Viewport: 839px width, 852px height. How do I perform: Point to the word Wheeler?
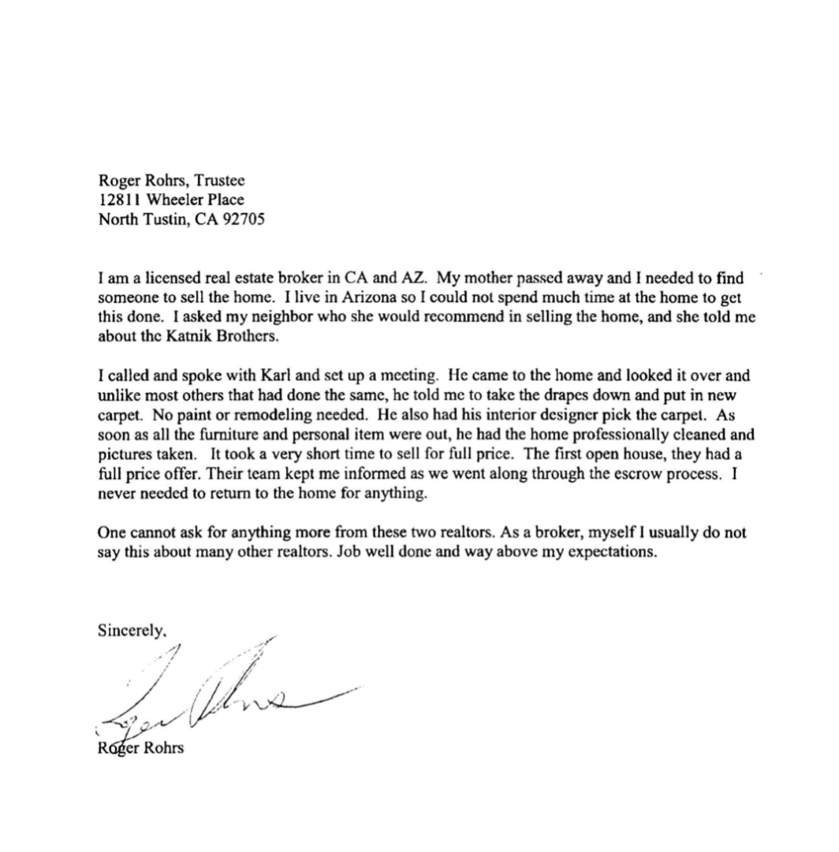tap(177, 200)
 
